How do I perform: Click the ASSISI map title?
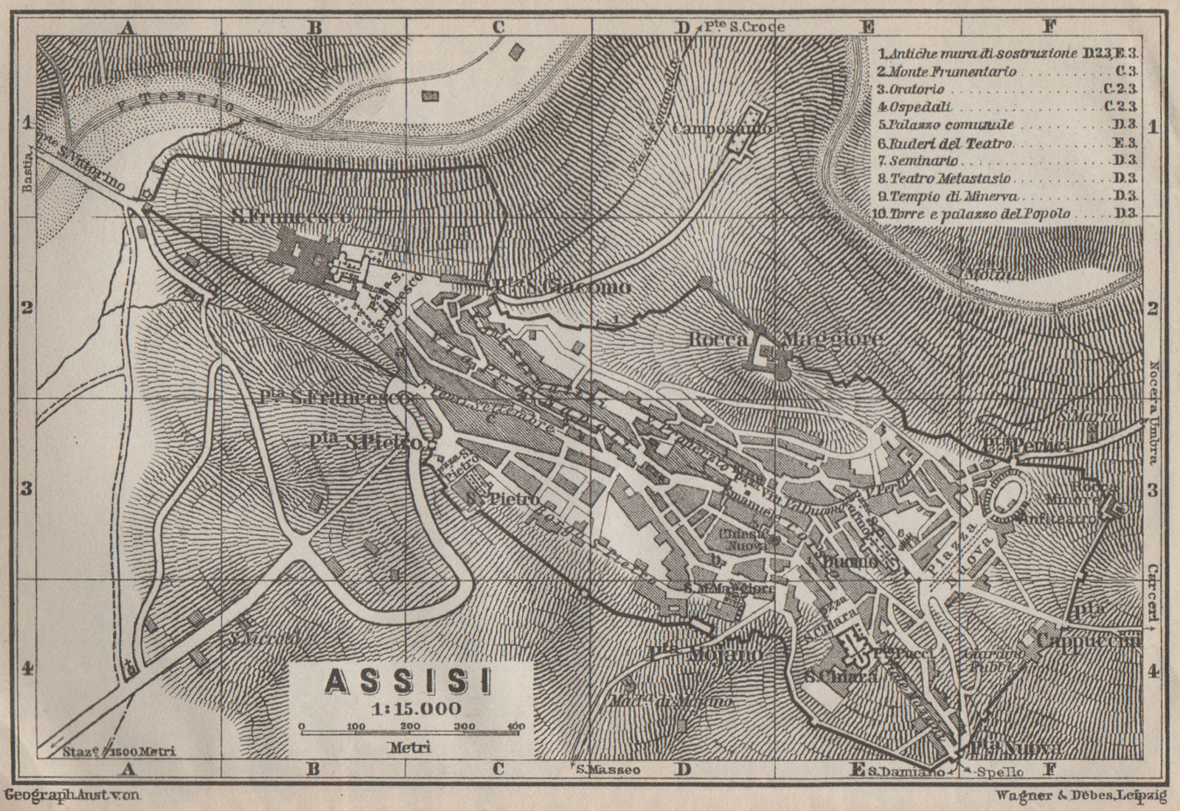click(x=409, y=682)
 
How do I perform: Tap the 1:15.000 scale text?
click(x=413, y=709)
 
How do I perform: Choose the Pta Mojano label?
click(x=706, y=654)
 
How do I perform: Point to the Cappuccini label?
click(x=1089, y=641)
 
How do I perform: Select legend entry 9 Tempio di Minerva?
click(x=945, y=197)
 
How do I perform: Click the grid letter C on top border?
click(x=498, y=27)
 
